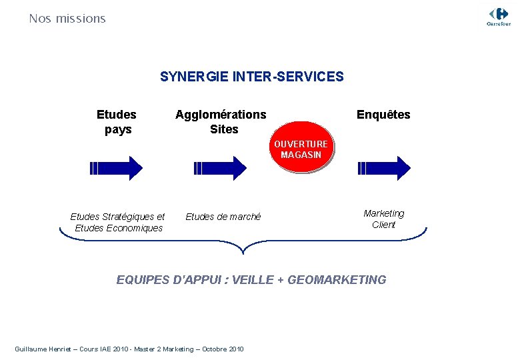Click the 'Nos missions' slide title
point(67,19)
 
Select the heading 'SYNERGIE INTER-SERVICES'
point(252,77)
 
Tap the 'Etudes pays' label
point(117,121)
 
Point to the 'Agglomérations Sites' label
point(221,121)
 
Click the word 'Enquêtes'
point(383,115)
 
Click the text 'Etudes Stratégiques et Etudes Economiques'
point(118,222)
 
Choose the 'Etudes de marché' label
point(223,217)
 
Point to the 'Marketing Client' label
point(383,219)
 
